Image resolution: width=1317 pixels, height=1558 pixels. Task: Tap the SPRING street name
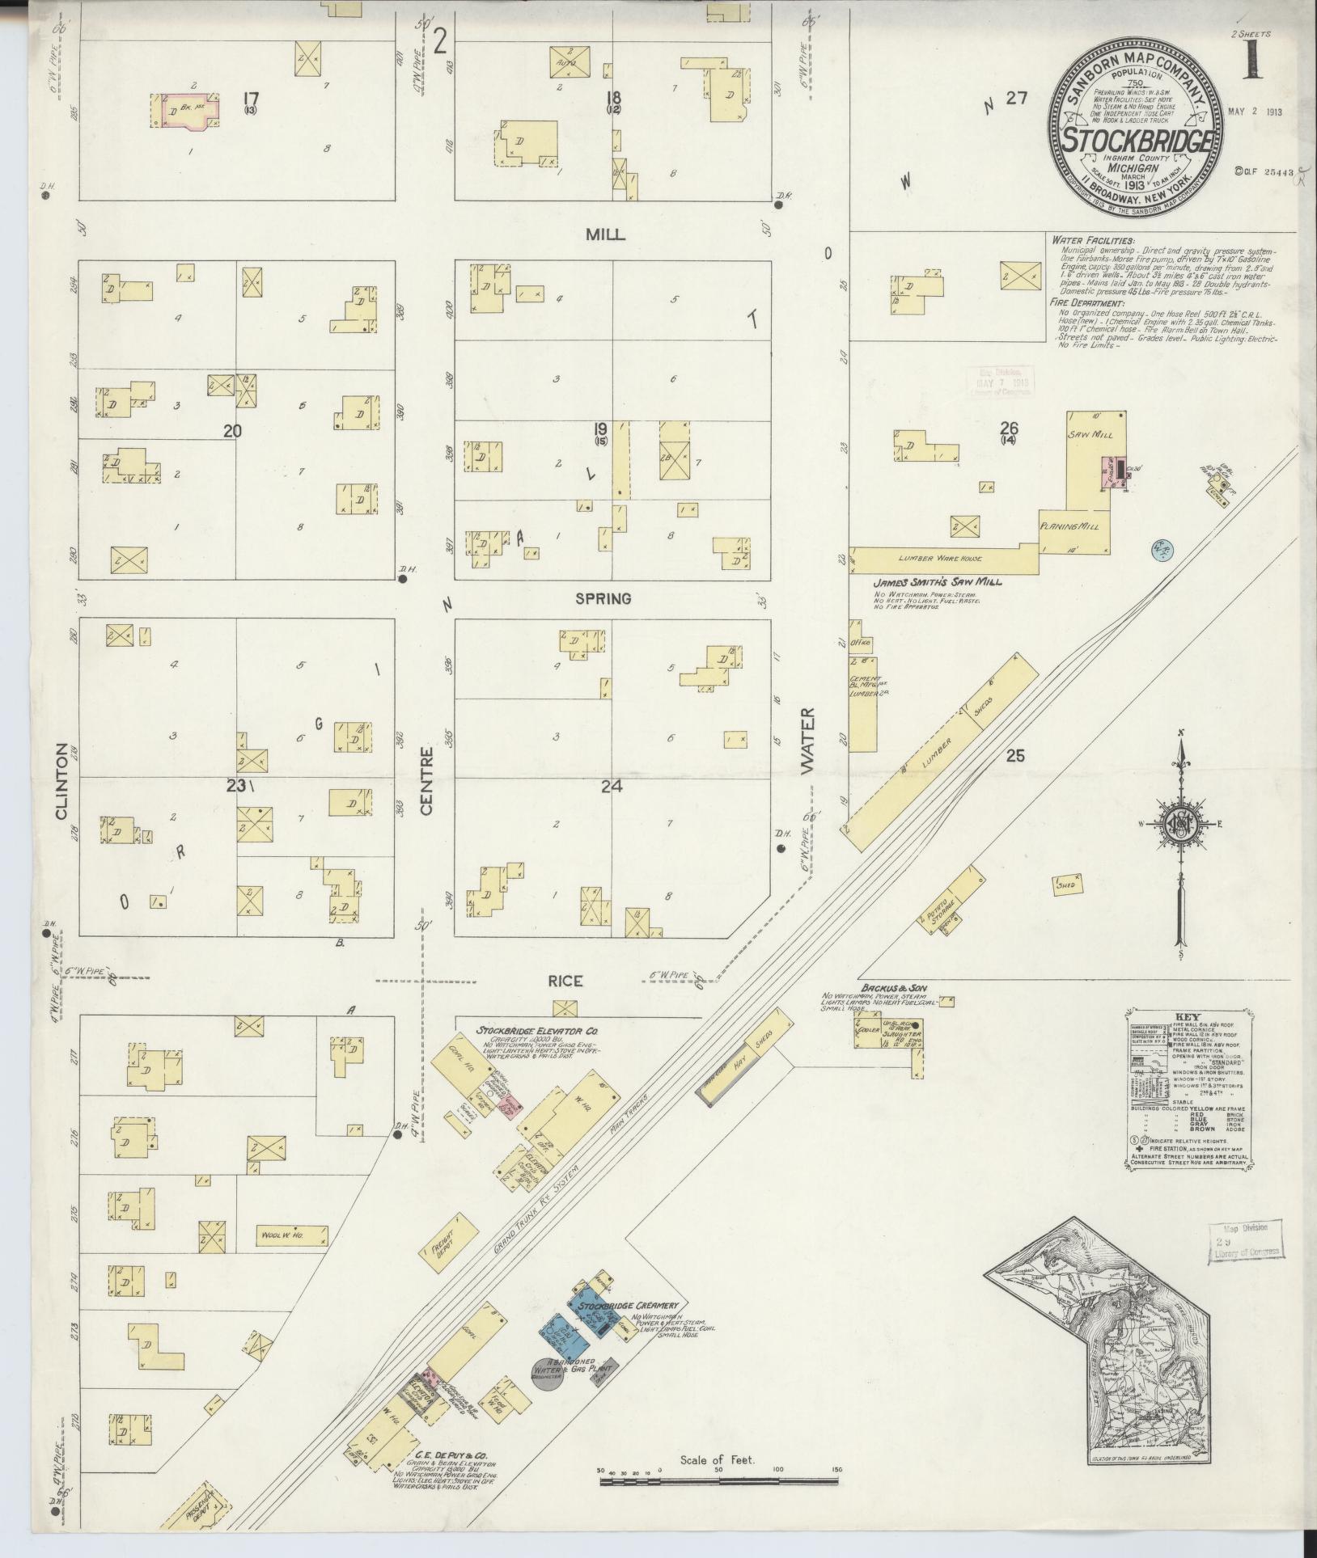pyautogui.click(x=603, y=599)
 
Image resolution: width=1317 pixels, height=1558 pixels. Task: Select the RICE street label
pyautogui.click(x=565, y=981)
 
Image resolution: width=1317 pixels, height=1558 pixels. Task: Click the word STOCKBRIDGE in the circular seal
pyautogui.click(x=1137, y=139)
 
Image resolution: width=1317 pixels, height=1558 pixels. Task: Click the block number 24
pyautogui.click(x=611, y=784)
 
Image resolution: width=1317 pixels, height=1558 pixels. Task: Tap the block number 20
pyautogui.click(x=232, y=431)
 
